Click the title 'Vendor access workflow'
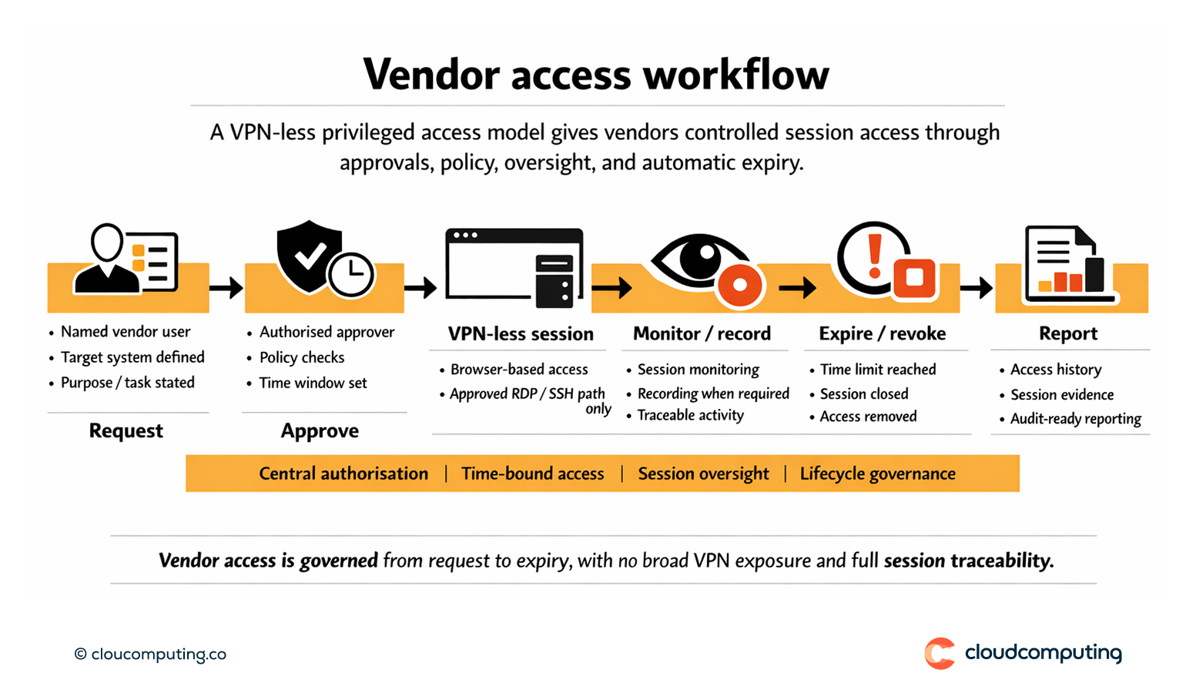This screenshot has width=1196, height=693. (596, 75)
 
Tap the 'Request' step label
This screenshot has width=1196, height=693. (126, 430)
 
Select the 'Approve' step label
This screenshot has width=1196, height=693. (320, 430)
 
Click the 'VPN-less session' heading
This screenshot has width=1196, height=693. (521, 334)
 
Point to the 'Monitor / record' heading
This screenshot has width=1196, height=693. (702, 333)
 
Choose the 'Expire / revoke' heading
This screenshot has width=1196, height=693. (882, 333)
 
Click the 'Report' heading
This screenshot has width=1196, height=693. (1067, 333)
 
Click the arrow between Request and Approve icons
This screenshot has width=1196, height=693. (226, 288)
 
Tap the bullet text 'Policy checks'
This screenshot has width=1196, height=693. (302, 357)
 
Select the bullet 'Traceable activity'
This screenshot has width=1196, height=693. (690, 416)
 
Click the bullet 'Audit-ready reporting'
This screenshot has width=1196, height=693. (1075, 419)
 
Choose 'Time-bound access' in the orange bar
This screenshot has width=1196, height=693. (532, 474)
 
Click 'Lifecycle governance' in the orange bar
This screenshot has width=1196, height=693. (877, 474)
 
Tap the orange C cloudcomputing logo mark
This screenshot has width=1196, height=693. (940, 654)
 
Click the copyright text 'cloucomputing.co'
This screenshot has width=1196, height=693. (158, 654)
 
